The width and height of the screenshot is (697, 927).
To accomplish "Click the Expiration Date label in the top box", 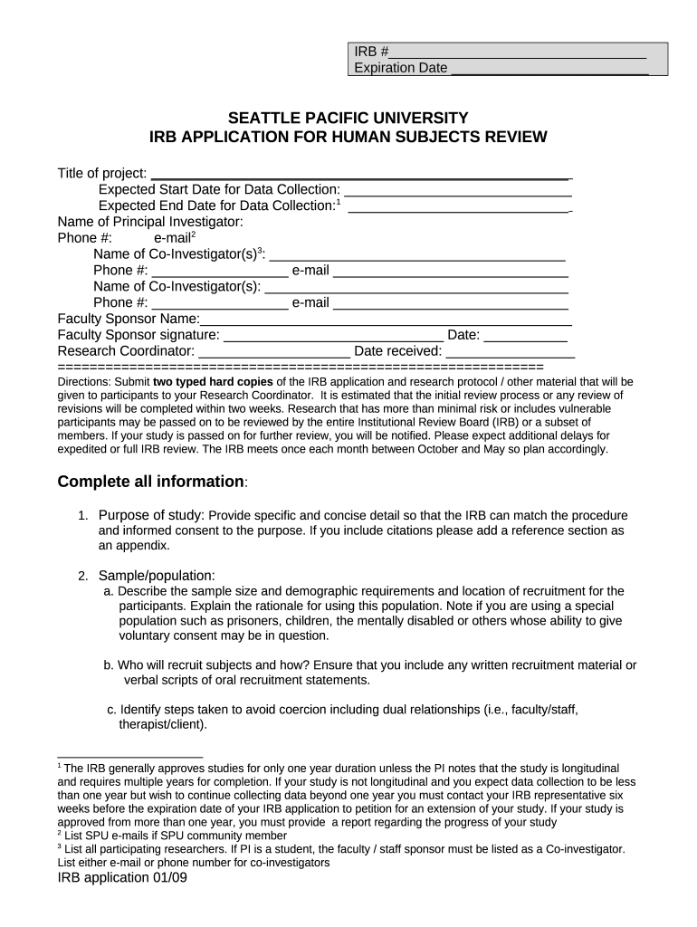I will coord(400,69).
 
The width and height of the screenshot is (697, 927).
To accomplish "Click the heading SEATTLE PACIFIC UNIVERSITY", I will coord(348,119).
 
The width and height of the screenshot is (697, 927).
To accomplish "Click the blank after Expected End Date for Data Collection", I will coord(458,209).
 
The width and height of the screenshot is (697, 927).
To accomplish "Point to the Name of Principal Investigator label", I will coord(150,222).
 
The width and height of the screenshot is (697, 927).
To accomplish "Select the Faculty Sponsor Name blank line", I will coord(386,320).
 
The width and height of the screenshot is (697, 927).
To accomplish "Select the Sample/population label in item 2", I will coord(157,576).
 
